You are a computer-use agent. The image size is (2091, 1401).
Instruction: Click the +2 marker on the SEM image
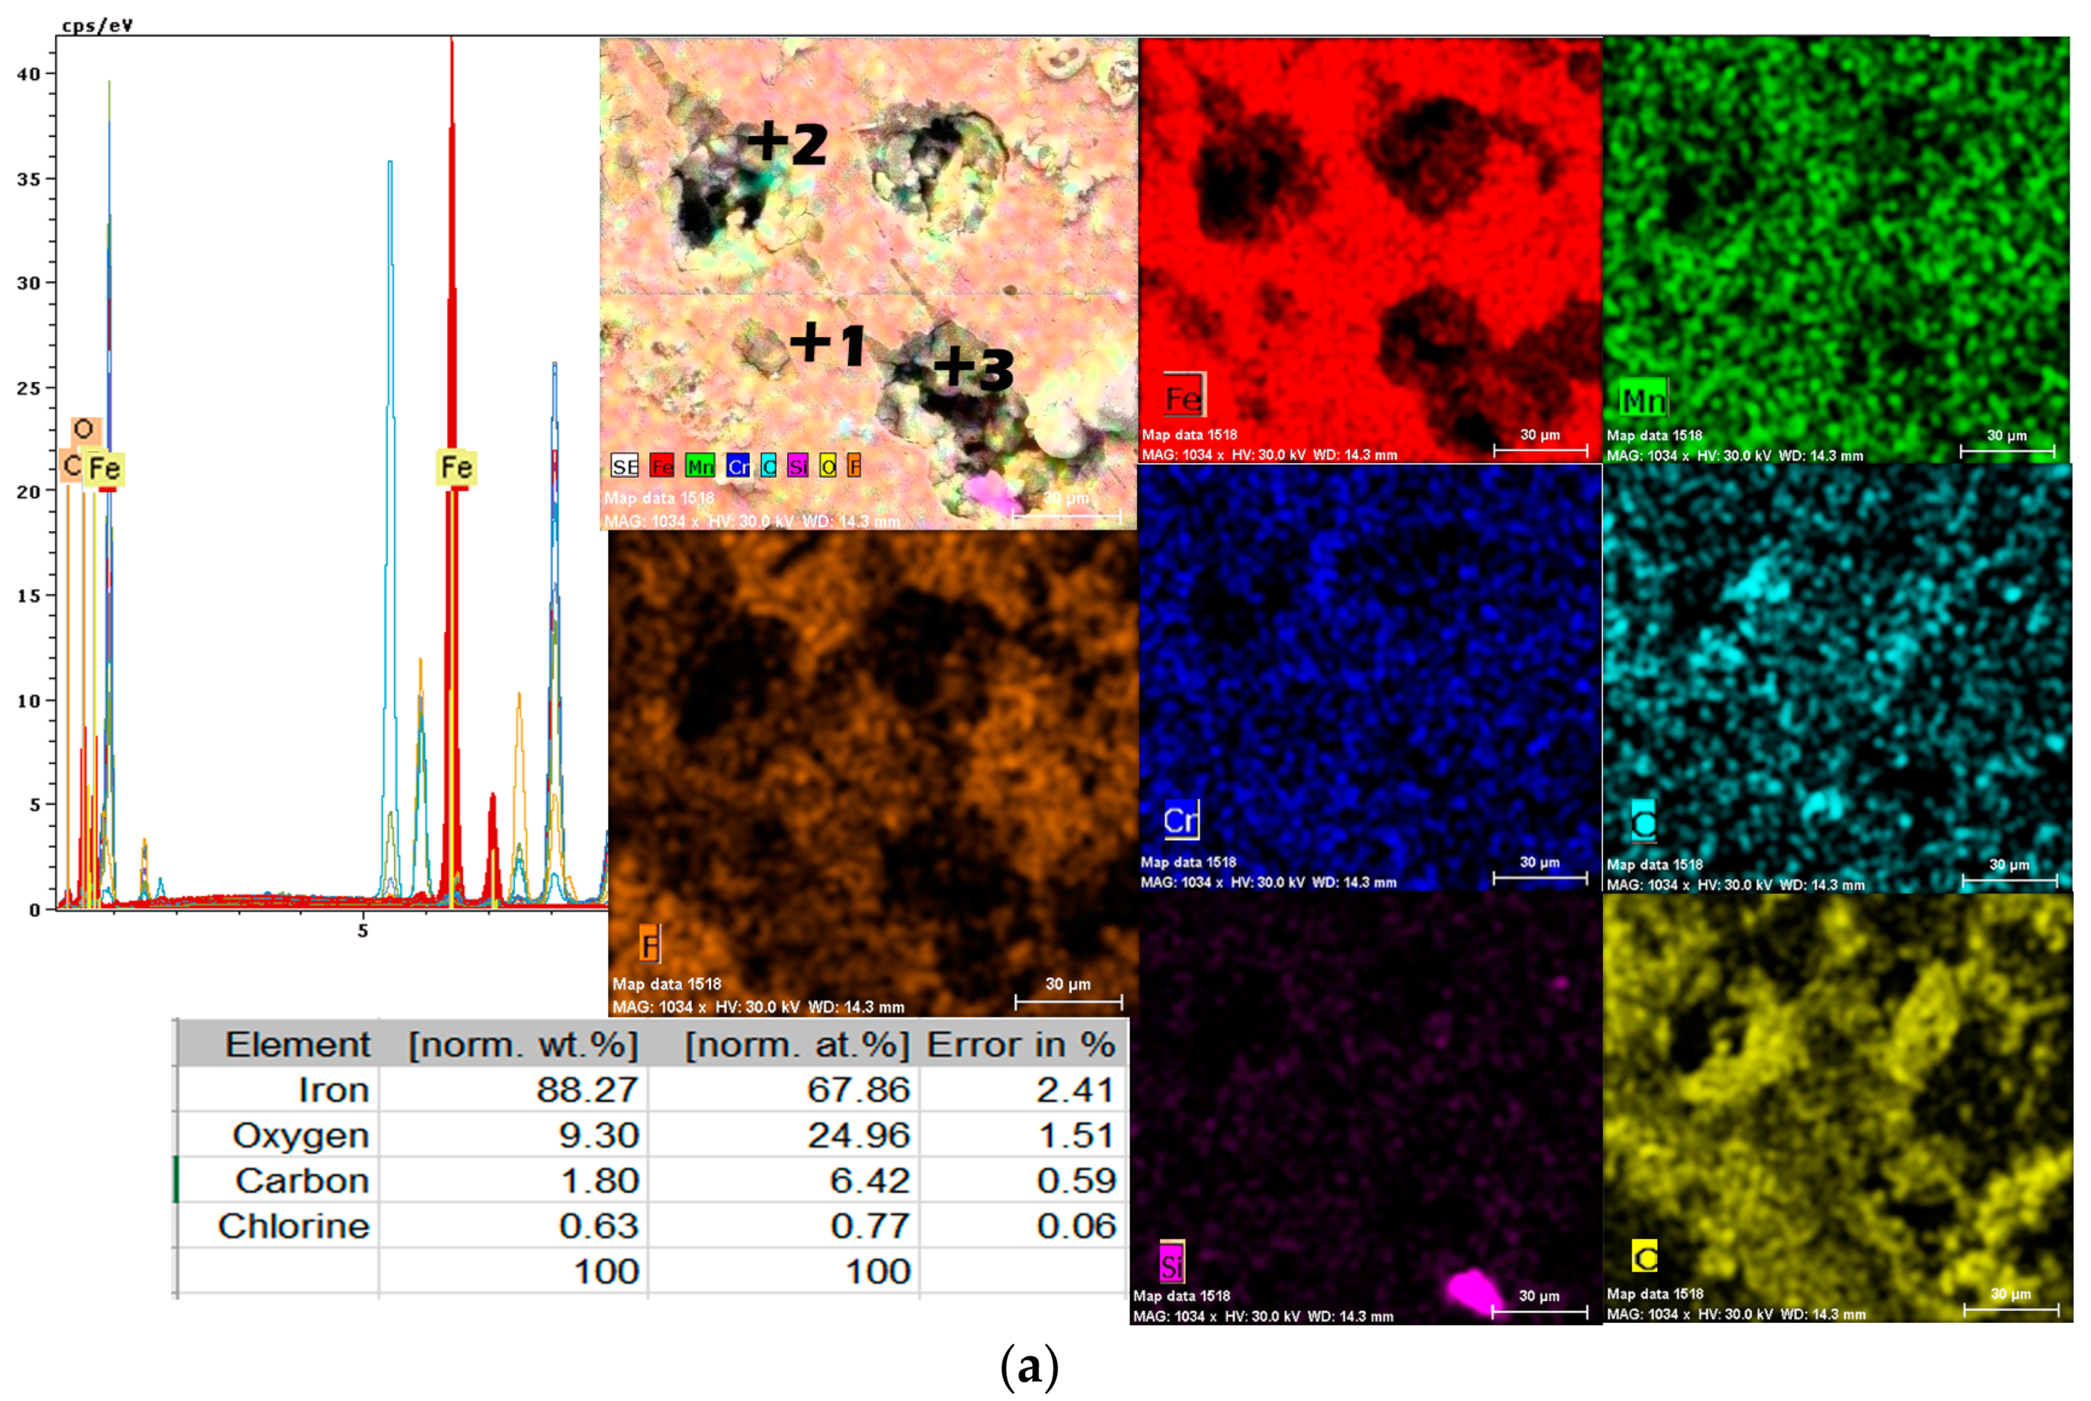click(x=787, y=142)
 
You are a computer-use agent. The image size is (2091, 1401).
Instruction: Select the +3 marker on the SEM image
click(x=973, y=367)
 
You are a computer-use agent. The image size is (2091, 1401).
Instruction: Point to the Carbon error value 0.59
click(x=1076, y=1181)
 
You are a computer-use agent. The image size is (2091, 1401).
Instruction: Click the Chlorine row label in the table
click(x=293, y=1226)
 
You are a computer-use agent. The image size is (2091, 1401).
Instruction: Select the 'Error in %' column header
click(x=1020, y=1045)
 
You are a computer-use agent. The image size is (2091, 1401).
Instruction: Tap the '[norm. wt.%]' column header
click(x=523, y=1045)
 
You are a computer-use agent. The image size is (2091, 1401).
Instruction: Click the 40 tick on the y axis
click(x=29, y=74)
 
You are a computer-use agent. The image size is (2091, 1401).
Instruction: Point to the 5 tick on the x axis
click(x=363, y=931)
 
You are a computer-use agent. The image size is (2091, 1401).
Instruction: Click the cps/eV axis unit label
click(x=97, y=25)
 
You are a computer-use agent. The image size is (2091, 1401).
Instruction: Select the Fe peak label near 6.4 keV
click(x=456, y=467)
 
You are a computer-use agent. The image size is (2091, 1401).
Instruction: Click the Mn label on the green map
click(x=1643, y=399)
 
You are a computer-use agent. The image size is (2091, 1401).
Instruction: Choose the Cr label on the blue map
click(x=1180, y=819)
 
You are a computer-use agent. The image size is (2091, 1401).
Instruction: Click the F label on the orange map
click(x=650, y=944)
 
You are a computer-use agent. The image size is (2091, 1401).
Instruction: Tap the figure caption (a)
click(x=1030, y=1367)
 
